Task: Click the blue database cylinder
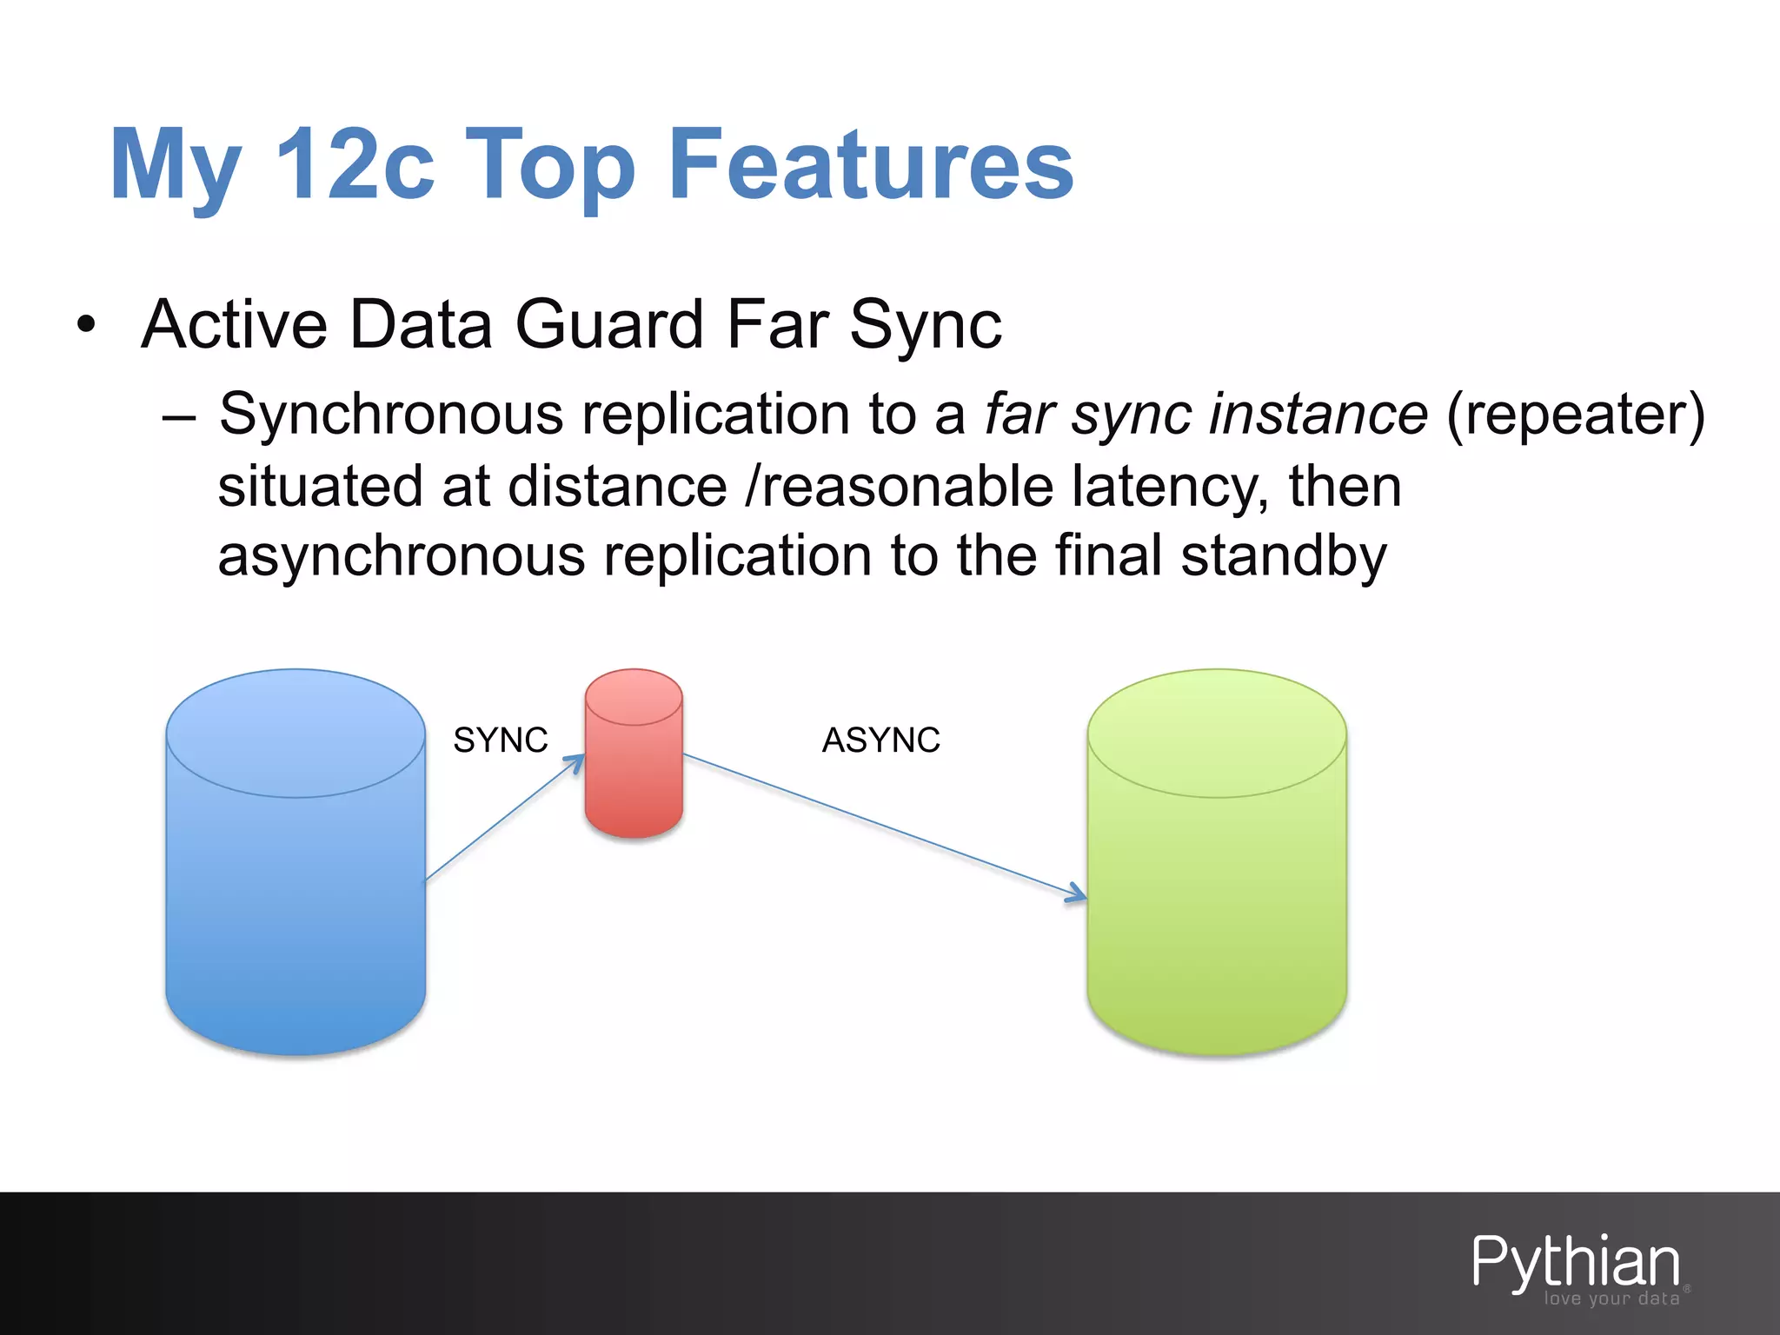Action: [296, 869]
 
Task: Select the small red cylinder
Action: [634, 756]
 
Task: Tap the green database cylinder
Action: [1217, 869]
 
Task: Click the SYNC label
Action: [501, 741]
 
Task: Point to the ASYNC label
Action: [881, 741]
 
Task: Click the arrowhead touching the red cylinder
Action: [575, 762]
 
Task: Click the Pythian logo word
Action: [1575, 1262]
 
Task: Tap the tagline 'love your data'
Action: [1611, 1298]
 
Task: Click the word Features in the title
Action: [872, 165]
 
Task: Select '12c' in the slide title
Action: [355, 165]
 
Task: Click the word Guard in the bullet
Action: [609, 325]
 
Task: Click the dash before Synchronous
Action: [179, 415]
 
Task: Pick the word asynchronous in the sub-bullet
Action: [402, 557]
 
